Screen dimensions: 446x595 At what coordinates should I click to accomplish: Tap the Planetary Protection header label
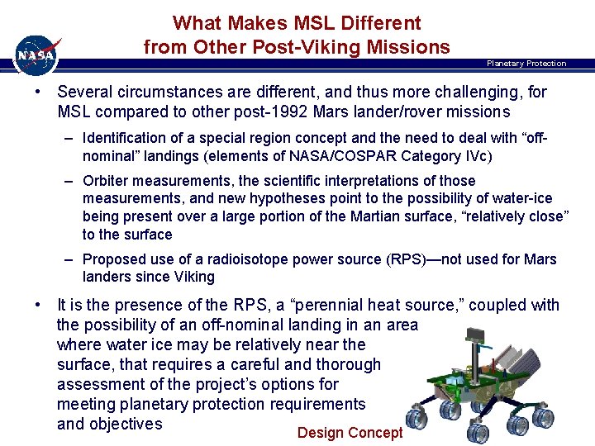[526, 64]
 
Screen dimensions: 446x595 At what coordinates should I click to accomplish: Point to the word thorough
[348, 364]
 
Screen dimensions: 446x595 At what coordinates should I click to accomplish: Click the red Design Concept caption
[350, 433]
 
